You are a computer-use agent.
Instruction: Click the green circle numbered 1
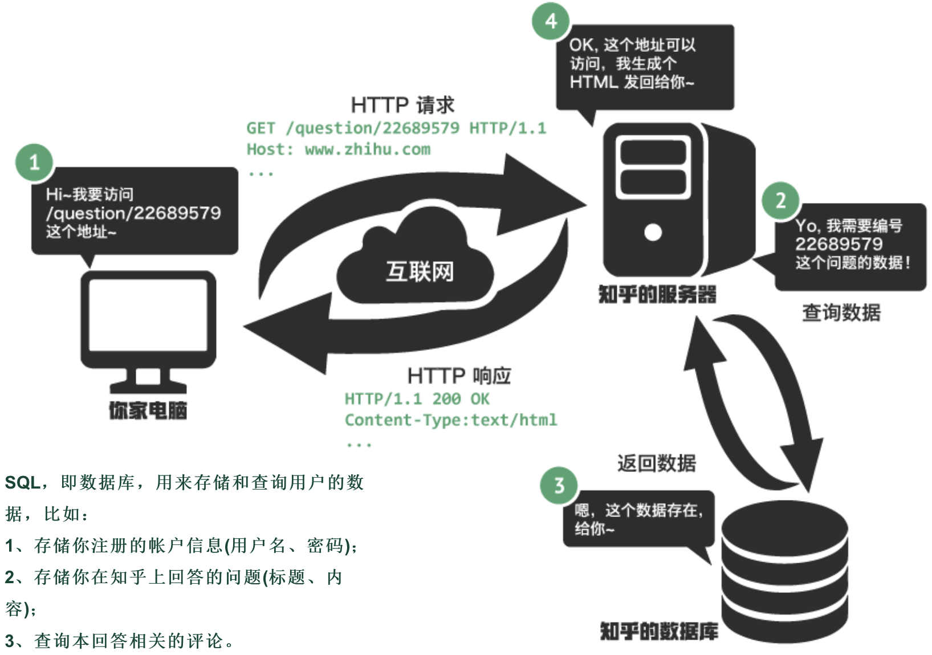click(34, 162)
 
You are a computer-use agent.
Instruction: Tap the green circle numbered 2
click(780, 200)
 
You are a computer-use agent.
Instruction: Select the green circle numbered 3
click(559, 486)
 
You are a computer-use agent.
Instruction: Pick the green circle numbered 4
click(551, 21)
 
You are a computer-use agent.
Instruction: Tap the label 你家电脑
click(148, 410)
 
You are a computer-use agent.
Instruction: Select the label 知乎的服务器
click(657, 295)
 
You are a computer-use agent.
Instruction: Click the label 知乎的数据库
click(658, 631)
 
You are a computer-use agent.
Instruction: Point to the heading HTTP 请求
click(402, 105)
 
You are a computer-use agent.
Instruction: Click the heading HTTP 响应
click(459, 376)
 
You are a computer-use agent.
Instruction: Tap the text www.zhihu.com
click(368, 149)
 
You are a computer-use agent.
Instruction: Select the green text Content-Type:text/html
click(450, 420)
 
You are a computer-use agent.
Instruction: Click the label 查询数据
click(841, 312)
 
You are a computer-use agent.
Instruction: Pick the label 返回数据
click(656, 463)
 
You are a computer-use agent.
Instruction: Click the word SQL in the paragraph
click(22, 483)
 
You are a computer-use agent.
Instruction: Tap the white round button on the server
click(653, 232)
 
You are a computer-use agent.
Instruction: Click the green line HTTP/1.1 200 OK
click(417, 399)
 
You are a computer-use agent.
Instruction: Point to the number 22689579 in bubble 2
click(839, 245)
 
